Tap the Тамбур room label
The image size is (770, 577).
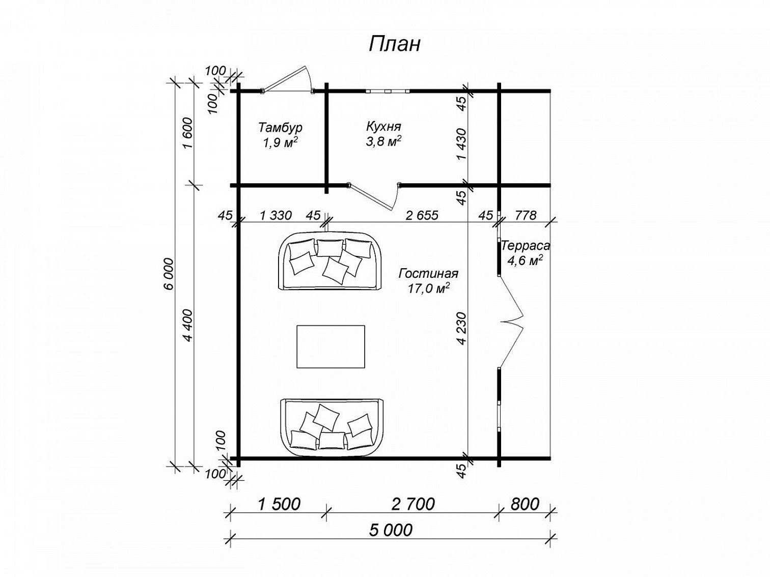coord(280,128)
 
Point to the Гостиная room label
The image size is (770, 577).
coord(428,274)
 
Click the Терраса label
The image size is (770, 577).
coord(525,246)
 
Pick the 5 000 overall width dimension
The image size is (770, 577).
coord(391,530)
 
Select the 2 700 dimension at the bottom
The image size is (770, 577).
coord(413,504)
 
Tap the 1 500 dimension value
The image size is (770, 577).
coord(279,504)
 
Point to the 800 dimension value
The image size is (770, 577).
coord(525,504)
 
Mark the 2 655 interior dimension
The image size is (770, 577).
coord(422,215)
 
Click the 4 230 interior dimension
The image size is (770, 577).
coord(462,328)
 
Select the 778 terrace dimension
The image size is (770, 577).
coord(525,215)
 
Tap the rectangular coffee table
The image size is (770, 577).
coord(331,347)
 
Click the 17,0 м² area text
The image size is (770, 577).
coord(428,289)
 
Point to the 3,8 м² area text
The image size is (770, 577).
coord(384,141)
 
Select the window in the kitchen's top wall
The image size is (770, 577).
coord(387,92)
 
